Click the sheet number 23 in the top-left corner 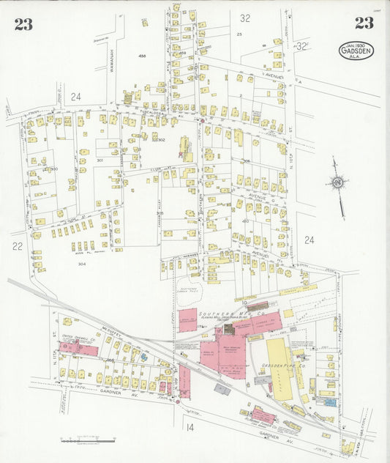click(x=23, y=24)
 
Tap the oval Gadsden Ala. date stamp click(x=356, y=51)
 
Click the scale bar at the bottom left click(x=89, y=440)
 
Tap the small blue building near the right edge click(x=330, y=401)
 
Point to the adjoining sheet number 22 click(x=18, y=247)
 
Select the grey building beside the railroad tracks click(x=222, y=390)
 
